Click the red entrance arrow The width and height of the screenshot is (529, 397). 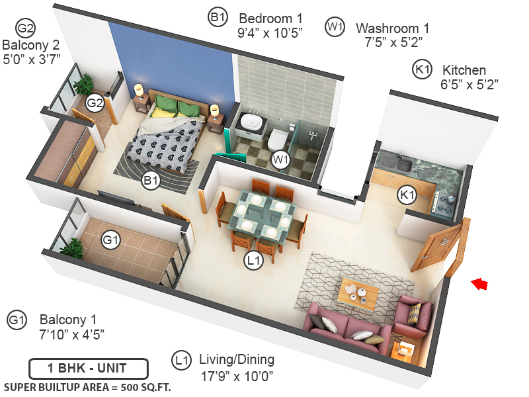click(x=479, y=284)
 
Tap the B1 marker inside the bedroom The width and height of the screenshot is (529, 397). click(x=151, y=180)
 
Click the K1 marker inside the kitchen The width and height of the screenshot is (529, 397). click(x=406, y=195)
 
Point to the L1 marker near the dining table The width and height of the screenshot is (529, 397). click(x=254, y=261)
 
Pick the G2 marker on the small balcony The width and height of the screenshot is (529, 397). click(x=95, y=103)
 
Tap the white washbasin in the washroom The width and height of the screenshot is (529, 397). click(x=251, y=122)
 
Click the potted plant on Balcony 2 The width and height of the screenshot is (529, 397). click(x=84, y=85)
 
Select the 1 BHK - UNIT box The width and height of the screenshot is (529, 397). click(x=88, y=367)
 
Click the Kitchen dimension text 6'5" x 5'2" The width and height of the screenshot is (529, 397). click(x=469, y=84)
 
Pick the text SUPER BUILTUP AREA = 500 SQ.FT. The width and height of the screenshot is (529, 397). click(x=87, y=387)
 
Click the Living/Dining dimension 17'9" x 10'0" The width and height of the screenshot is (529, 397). click(x=237, y=376)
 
